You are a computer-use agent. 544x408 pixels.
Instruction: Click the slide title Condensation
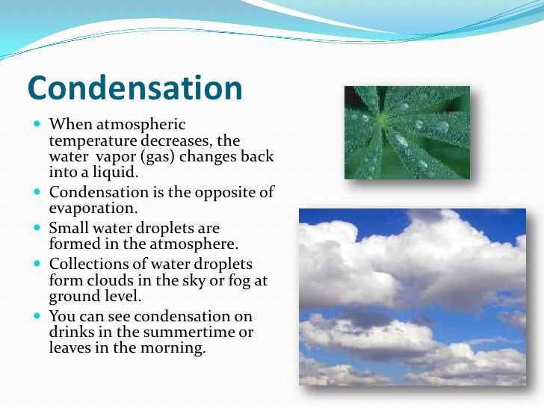pos(135,89)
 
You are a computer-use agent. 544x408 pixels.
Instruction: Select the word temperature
pos(91,140)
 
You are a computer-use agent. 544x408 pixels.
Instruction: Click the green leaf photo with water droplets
pos(407,132)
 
